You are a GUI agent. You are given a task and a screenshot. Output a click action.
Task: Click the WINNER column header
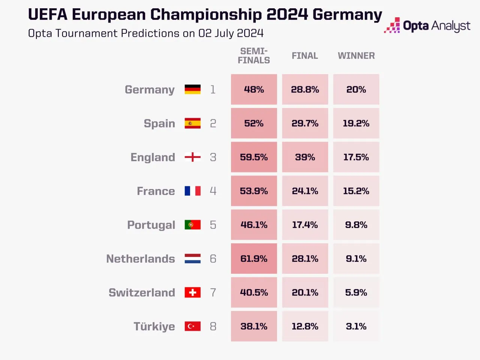click(356, 56)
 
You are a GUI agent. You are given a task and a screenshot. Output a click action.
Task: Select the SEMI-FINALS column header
click(254, 56)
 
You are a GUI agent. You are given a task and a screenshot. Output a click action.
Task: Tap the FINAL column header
click(305, 56)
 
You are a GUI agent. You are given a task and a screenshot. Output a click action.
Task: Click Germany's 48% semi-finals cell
click(254, 89)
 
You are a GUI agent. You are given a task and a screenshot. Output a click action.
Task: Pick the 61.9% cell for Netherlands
click(254, 259)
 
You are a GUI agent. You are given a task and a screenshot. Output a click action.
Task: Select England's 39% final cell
click(305, 157)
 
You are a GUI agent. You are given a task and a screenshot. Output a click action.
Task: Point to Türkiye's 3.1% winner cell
click(356, 326)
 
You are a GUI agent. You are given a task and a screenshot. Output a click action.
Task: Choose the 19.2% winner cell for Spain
click(356, 123)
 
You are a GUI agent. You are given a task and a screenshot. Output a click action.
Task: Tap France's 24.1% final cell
click(305, 191)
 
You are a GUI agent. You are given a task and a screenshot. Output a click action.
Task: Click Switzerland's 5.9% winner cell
click(356, 292)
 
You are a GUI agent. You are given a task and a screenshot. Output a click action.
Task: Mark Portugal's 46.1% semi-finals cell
click(254, 225)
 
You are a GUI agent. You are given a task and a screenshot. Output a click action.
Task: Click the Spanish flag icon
click(192, 123)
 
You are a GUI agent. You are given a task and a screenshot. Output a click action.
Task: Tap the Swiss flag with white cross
click(192, 292)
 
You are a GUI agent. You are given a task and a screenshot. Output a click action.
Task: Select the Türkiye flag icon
click(192, 326)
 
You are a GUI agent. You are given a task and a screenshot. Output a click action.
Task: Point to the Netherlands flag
click(192, 259)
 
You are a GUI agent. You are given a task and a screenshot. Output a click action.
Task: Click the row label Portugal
click(151, 225)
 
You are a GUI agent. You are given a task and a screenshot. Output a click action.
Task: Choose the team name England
click(153, 157)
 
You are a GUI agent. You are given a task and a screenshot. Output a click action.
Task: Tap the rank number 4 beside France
click(213, 191)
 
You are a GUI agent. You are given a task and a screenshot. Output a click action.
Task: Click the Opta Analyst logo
click(427, 25)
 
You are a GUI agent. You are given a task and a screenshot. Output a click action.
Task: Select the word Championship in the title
click(206, 15)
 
